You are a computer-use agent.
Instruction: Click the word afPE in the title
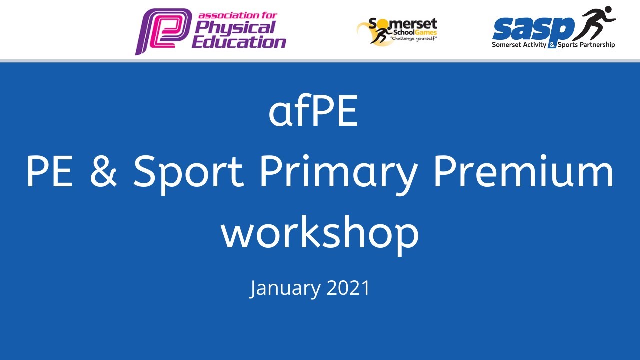[x=313, y=113]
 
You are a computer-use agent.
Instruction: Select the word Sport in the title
[x=188, y=173]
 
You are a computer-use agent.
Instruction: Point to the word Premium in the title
[x=523, y=172]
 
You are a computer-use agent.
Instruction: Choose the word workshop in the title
[x=320, y=233]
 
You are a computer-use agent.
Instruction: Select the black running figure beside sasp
[x=595, y=22]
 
